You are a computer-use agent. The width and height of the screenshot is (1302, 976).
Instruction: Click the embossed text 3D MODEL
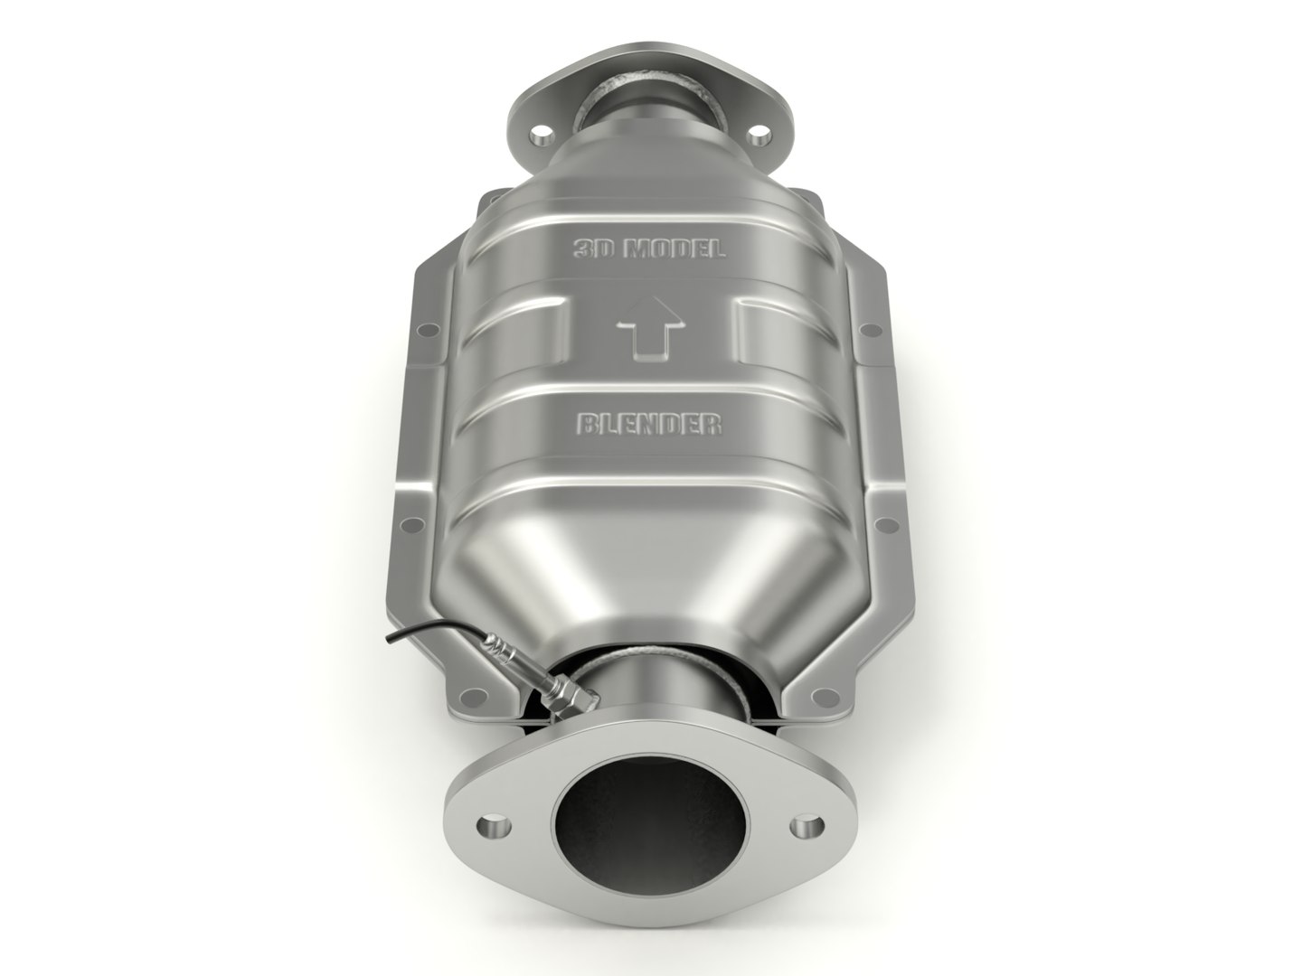click(649, 249)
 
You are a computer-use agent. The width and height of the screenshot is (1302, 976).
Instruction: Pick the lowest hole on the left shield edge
click(470, 697)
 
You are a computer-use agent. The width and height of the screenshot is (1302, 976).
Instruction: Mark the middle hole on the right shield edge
click(892, 523)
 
